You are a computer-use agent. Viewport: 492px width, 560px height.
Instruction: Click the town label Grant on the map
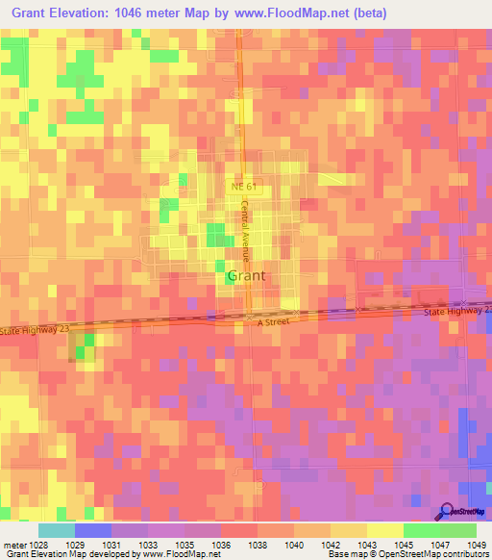pos(247,276)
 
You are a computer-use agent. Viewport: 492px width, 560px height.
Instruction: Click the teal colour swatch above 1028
pos(56,530)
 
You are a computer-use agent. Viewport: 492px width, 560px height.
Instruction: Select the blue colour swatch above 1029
pos(92,530)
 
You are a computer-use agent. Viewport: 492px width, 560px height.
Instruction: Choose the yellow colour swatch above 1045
pos(384,530)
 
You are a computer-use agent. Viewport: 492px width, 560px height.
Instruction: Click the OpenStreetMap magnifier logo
pos(446,510)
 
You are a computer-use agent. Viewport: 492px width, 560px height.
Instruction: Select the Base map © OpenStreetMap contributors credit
pos(406,555)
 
